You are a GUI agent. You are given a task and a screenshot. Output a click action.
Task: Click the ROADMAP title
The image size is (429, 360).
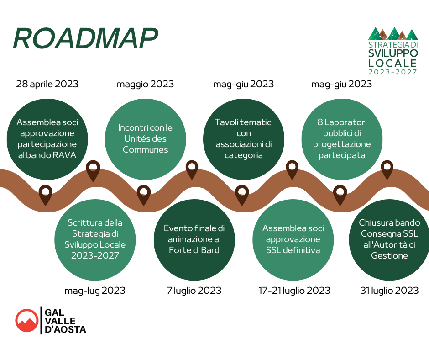click(x=86, y=38)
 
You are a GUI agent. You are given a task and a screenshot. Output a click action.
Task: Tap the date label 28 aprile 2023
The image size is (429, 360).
click(x=47, y=84)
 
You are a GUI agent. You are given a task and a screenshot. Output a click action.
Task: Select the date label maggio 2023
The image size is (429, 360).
click(x=145, y=84)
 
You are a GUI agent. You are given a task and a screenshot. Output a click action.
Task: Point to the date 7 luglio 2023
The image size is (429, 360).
click(x=194, y=291)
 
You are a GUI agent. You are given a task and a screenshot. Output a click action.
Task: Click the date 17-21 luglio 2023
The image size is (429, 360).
click(x=294, y=291)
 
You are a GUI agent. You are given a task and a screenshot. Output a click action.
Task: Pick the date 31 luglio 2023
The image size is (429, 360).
click(x=389, y=291)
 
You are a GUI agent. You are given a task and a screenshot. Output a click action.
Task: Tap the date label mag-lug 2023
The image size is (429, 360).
click(x=95, y=291)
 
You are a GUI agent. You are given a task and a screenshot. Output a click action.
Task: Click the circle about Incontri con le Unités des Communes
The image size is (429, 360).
click(x=145, y=139)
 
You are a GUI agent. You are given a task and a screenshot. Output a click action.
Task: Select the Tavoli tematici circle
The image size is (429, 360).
click(x=244, y=139)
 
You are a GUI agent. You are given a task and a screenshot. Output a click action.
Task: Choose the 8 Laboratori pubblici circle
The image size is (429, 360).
click(x=342, y=139)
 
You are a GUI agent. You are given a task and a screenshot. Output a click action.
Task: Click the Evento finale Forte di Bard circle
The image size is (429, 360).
click(x=194, y=240)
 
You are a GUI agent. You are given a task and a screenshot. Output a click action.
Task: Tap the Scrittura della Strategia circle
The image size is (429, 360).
click(x=95, y=240)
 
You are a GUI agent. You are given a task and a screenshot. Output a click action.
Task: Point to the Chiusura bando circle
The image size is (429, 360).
click(x=389, y=240)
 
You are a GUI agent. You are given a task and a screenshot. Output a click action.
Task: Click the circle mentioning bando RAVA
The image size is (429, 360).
click(x=47, y=139)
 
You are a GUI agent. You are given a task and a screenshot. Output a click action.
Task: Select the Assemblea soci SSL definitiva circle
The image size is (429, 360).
click(x=293, y=240)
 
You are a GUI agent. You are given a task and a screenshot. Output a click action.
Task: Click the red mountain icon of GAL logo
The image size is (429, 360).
click(x=26, y=321)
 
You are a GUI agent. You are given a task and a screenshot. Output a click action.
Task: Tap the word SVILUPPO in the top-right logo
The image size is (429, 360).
click(x=393, y=53)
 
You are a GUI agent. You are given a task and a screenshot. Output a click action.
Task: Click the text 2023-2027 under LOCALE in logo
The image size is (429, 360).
click(x=392, y=72)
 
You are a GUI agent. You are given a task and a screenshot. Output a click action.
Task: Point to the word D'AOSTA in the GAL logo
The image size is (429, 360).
click(x=65, y=329)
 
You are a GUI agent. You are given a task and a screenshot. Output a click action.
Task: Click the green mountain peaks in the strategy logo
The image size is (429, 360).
click(x=393, y=34)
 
